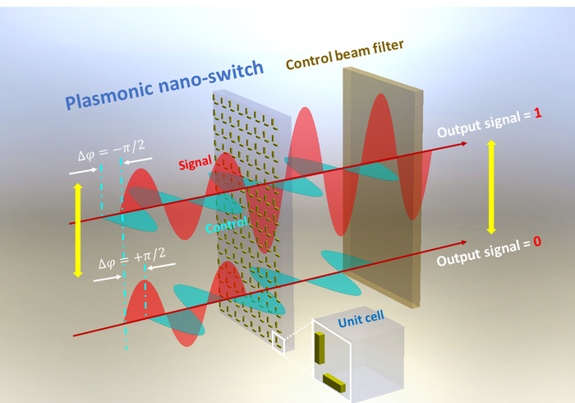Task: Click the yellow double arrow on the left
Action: (x=79, y=229)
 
